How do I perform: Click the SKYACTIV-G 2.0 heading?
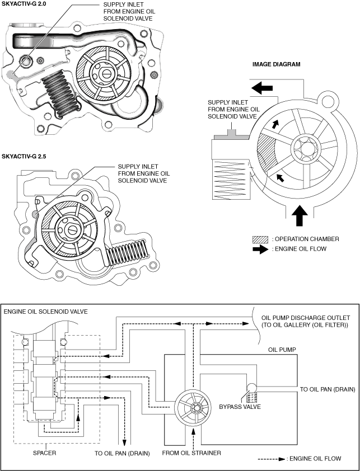click(x=25, y=6)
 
